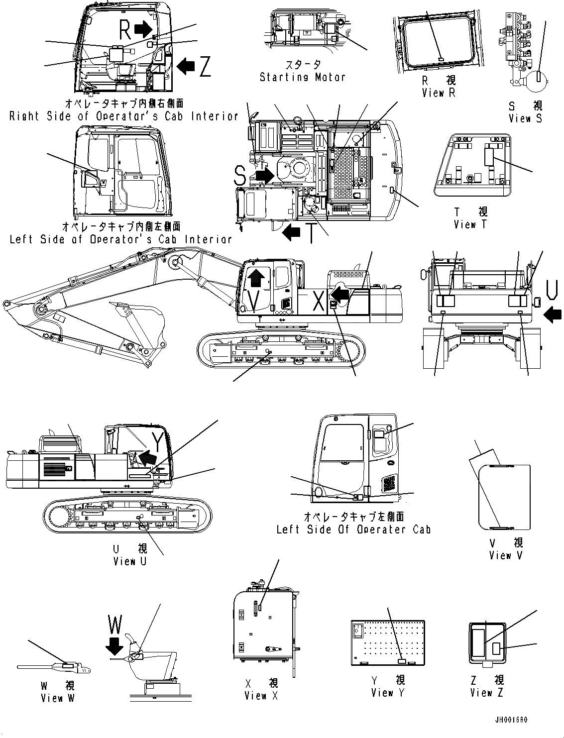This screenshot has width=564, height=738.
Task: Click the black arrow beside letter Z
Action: pos(186,65)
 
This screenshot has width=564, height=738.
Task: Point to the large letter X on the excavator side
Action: pos(319,301)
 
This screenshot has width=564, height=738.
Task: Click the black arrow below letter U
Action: pos(553,315)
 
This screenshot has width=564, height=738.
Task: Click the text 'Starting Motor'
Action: pos(302,77)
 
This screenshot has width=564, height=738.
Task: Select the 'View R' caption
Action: pos(439,93)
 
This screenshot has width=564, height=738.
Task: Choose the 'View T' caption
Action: pos(470,224)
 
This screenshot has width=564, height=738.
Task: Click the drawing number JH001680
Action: pos(511,720)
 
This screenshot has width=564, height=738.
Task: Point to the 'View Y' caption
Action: pos(388,693)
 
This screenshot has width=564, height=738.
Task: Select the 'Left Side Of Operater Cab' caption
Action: pos(353,529)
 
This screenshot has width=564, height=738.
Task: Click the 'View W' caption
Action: pos(58,698)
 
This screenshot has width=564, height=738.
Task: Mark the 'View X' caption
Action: pos(261,695)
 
